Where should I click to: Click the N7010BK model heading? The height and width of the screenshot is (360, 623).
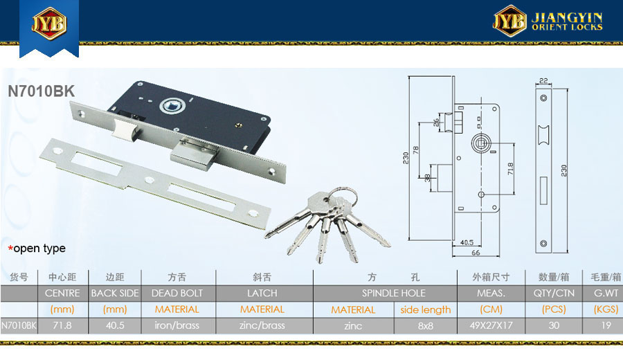coord(41,91)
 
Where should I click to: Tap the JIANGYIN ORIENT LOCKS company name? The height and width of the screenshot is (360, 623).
coord(567,21)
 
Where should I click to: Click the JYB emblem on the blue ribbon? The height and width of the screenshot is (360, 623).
coord(49,23)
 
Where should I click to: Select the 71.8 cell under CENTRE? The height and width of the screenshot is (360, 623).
coord(62,325)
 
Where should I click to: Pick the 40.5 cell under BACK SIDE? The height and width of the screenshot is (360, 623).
coord(115,325)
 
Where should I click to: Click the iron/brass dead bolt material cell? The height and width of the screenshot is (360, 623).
coord(177,325)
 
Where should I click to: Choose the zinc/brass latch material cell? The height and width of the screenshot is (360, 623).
coord(262,325)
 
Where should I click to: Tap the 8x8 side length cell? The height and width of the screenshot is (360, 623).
coord(425,326)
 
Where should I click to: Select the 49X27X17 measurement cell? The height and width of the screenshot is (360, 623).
coord(491,325)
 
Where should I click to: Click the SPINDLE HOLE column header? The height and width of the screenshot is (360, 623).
coord(393,294)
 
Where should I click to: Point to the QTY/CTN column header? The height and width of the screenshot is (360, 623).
coord(554,294)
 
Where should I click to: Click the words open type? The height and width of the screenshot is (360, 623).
coord(39,249)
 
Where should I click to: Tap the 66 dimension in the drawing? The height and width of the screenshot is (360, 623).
coord(476,253)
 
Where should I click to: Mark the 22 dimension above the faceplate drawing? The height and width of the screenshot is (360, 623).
coord(543,81)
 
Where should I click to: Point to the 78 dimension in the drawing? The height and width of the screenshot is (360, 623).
coord(415,150)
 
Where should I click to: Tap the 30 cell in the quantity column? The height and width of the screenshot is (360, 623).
coord(554,325)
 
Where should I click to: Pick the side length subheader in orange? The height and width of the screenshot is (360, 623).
coord(425,309)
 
